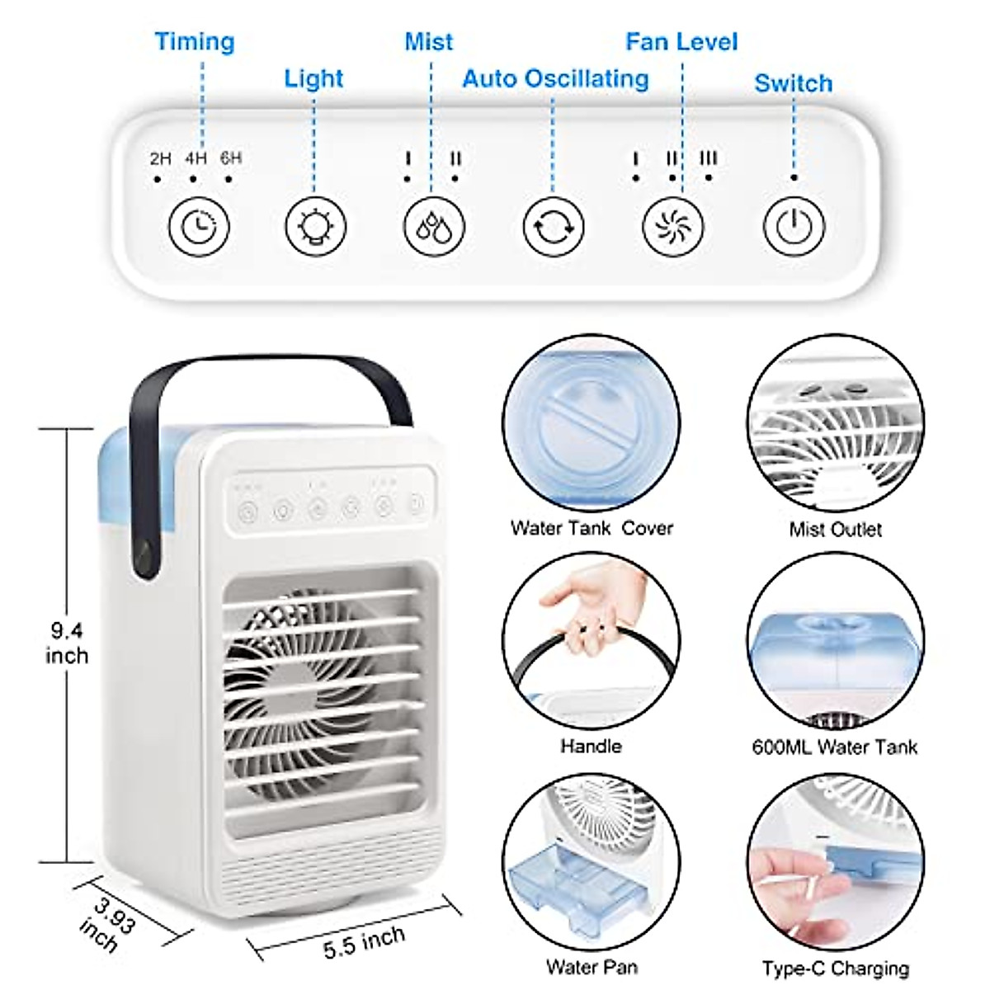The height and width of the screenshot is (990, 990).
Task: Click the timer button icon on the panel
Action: click(x=199, y=226)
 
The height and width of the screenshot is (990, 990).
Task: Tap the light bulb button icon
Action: click(x=316, y=226)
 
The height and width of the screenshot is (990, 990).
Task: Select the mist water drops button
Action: click(x=434, y=226)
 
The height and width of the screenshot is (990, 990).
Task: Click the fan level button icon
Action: click(x=673, y=226)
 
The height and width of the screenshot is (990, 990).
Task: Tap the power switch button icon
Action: click(x=794, y=226)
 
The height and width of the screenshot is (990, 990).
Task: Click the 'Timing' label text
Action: click(x=195, y=41)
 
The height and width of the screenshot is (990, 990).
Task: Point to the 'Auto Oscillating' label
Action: click(x=555, y=78)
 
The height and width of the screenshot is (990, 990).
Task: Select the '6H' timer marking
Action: click(x=231, y=158)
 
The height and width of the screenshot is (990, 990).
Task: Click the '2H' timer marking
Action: click(x=160, y=158)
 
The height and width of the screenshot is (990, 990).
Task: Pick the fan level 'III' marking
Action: click(x=709, y=158)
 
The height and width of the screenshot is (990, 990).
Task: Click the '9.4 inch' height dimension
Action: click(x=67, y=643)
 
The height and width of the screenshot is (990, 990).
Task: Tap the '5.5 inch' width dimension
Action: click(x=364, y=940)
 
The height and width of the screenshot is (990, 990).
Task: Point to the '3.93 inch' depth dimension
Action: click(x=106, y=924)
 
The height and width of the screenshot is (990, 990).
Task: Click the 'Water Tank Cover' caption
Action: click(x=592, y=528)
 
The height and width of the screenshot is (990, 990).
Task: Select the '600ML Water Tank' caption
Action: click(x=834, y=747)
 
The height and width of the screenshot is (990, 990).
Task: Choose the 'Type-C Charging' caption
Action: click(x=835, y=968)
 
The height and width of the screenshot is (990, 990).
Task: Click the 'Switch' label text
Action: click(x=793, y=83)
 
